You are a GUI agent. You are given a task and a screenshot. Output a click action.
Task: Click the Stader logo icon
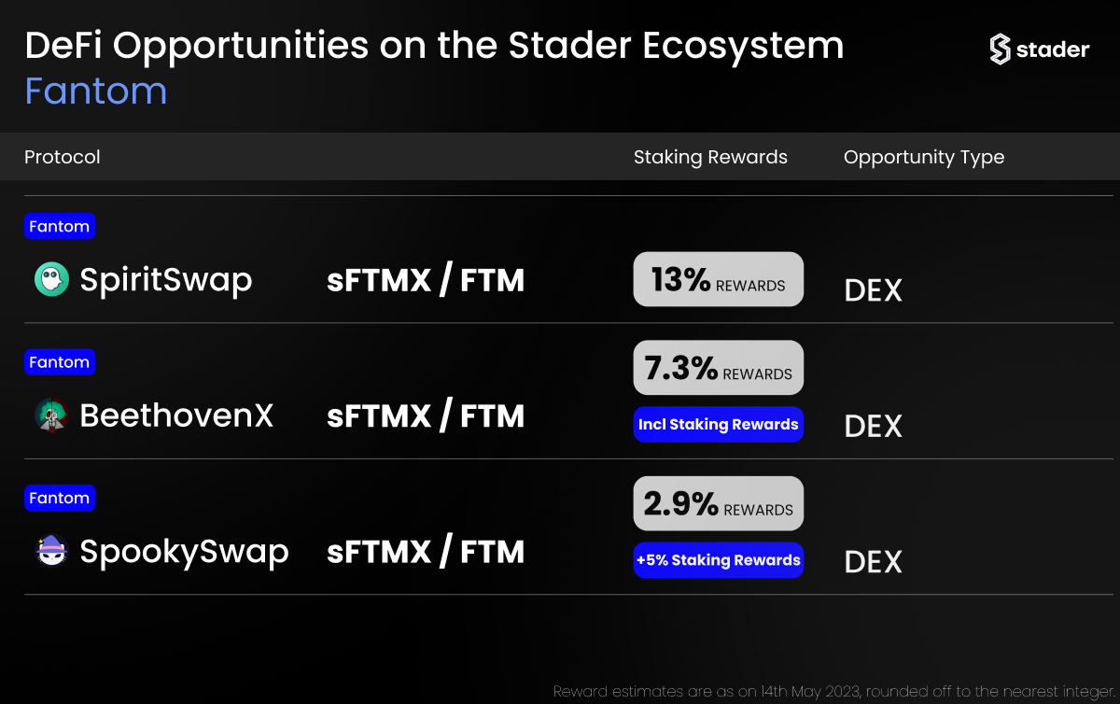pos(1000,49)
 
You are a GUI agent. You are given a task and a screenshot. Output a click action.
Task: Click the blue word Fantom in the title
pos(95,92)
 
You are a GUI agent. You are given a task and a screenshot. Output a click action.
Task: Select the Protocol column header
pos(62,157)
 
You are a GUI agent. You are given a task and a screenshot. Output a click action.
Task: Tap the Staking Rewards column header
pos(710,157)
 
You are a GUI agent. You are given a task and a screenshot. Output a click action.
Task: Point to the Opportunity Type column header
pos(924,158)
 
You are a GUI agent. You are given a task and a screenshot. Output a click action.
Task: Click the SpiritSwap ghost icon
pos(51,279)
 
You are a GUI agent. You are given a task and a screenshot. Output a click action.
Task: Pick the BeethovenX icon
pos(51,415)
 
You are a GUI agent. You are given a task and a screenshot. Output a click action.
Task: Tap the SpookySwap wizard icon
pos(51,551)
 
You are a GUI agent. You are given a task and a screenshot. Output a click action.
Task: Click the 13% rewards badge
pos(718,279)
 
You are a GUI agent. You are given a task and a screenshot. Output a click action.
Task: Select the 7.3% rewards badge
pos(718,368)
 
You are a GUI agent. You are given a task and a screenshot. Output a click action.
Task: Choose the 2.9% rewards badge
pos(718,503)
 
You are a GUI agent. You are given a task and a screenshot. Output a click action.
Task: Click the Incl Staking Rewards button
pos(718,424)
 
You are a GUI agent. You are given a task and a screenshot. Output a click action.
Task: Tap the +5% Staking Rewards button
pos(718,560)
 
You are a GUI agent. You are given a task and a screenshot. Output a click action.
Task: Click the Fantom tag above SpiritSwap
pos(60,226)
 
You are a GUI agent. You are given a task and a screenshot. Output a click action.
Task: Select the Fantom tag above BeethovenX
pos(60,361)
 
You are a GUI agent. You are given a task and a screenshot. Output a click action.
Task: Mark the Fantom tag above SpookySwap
pos(60,498)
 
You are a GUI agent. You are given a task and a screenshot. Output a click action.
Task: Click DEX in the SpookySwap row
pos(873,562)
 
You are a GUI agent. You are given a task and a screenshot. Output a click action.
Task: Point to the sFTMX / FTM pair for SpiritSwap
pos(426,279)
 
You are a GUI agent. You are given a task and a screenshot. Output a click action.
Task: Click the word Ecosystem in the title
pos(743,47)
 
